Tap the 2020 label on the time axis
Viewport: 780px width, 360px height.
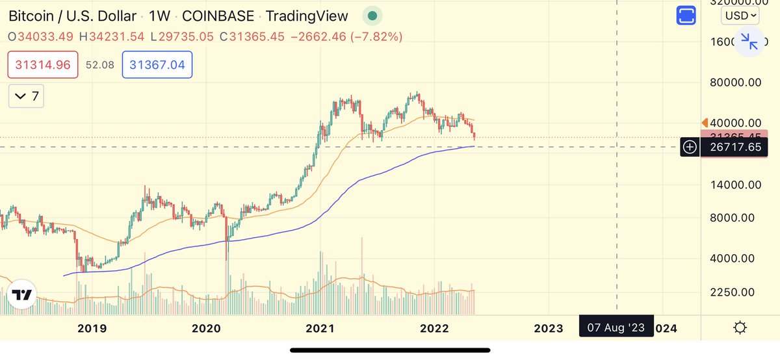click(x=207, y=328)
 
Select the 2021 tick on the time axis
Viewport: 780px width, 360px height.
click(x=320, y=328)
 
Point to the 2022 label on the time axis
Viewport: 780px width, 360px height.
click(x=434, y=328)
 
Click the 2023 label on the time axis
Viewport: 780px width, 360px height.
click(x=548, y=328)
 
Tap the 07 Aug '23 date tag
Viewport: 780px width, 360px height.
click(x=615, y=328)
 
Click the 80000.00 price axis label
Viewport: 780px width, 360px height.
click(x=735, y=83)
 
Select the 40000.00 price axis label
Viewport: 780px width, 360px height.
click(x=735, y=123)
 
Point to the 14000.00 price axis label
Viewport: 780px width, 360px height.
click(x=735, y=185)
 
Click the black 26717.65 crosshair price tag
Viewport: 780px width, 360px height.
click(x=735, y=148)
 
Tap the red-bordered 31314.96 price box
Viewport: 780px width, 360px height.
click(x=43, y=65)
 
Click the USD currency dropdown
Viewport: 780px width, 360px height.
click(x=740, y=15)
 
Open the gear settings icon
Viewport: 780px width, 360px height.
click(x=740, y=328)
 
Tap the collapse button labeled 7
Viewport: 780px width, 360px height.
click(x=27, y=97)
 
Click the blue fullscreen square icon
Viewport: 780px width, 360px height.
click(x=686, y=16)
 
